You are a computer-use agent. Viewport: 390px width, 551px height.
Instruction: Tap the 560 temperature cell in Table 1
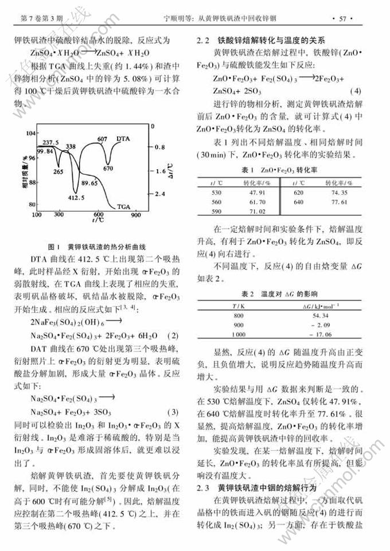pyautogui.click(x=216, y=202)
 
